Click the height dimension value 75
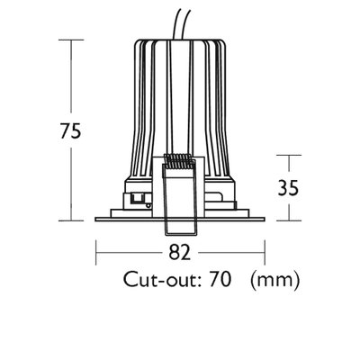tap(71, 130)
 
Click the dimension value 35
tap(288, 188)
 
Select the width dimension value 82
tap(180, 252)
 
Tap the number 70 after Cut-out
tap(220, 279)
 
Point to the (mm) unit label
tap(274, 280)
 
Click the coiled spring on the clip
tap(178, 161)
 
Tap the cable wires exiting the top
tap(182, 24)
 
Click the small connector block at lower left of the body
tap(137, 199)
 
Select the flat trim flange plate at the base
tap(180, 219)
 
